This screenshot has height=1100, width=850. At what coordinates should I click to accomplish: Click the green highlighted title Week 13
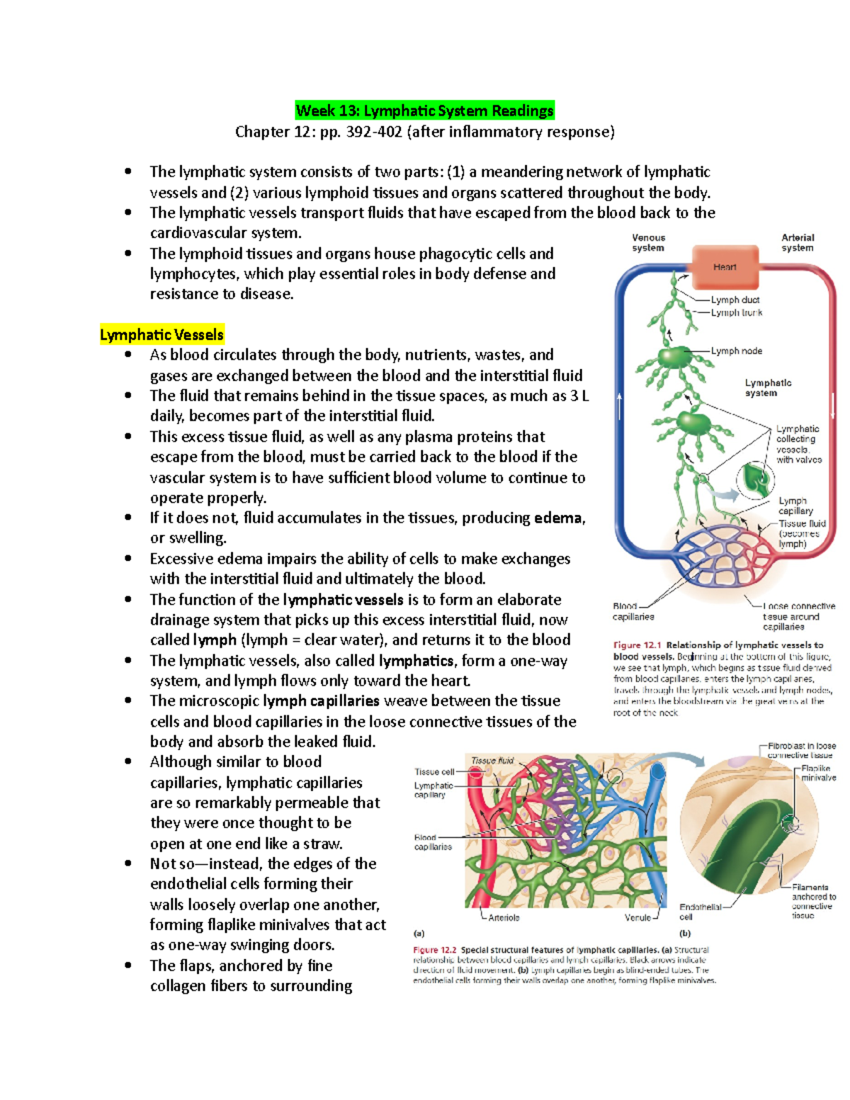424,110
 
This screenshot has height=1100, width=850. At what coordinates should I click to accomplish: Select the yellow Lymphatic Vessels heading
161,335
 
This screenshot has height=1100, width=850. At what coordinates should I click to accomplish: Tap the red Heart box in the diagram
725,267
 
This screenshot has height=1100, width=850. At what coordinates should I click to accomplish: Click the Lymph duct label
735,300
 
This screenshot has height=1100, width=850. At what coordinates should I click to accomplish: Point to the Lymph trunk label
737,312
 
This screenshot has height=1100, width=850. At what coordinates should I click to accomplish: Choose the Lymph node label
737,351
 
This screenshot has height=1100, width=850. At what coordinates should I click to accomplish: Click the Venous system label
648,243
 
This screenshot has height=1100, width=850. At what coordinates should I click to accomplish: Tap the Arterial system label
798,243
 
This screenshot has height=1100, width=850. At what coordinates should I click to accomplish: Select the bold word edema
558,518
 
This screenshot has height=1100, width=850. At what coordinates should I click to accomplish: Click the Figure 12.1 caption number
637,645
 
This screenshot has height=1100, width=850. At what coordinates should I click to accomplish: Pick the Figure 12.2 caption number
435,950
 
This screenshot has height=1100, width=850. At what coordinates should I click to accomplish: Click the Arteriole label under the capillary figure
504,917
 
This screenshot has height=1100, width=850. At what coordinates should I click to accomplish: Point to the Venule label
637,917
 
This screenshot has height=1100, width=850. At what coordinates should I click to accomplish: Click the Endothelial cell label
700,912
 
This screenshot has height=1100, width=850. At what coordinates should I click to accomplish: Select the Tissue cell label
434,771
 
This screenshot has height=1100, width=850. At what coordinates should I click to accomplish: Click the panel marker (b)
685,934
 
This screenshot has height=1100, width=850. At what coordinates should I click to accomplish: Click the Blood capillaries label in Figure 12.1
633,611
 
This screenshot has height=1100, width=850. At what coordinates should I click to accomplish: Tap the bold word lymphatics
416,661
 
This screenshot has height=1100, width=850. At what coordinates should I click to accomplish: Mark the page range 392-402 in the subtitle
374,132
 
